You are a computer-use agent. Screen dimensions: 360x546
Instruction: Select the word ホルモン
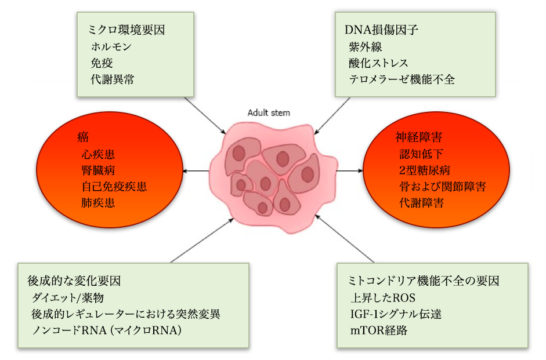point(112,46)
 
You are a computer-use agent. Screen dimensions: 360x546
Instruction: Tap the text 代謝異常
point(113,79)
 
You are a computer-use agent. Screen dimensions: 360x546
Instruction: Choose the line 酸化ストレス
point(379,63)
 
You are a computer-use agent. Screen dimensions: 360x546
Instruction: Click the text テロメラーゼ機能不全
point(402,79)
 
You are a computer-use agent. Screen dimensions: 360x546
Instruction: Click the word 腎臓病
point(98,170)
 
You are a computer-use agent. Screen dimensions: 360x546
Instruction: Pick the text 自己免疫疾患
point(114,187)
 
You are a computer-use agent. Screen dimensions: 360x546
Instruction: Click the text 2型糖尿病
point(425,170)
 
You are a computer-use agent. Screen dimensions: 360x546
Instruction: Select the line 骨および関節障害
point(443,187)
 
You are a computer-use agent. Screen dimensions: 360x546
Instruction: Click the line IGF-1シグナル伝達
point(396,315)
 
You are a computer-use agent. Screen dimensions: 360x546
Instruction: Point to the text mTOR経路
point(379,331)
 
